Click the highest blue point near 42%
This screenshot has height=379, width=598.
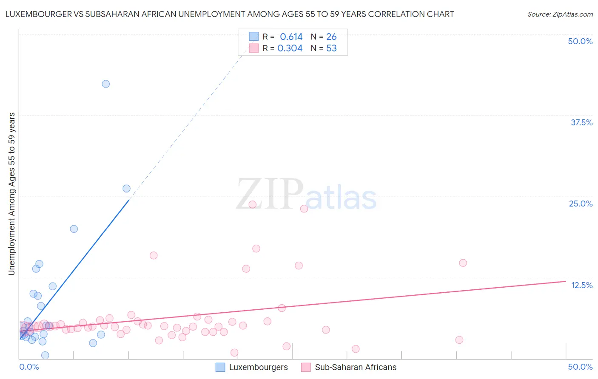[x=106, y=84]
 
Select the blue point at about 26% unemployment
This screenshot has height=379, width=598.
[x=126, y=188]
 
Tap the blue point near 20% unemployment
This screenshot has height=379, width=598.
[x=74, y=229]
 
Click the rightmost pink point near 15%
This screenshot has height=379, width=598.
[x=463, y=263]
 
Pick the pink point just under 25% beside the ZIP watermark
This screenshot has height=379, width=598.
[x=252, y=204]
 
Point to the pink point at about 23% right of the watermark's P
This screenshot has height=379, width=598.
[x=304, y=209]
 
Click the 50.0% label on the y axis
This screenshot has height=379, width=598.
[x=580, y=41]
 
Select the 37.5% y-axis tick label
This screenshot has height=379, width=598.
[x=581, y=122]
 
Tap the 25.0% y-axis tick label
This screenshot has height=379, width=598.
[x=581, y=204]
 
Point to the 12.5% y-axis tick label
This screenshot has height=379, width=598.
[x=581, y=285]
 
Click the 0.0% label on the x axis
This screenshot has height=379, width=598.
[x=29, y=367]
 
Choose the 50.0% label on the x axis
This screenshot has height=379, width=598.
[x=580, y=367]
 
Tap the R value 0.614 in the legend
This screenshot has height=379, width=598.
[x=291, y=37]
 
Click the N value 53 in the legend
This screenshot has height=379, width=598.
[x=331, y=48]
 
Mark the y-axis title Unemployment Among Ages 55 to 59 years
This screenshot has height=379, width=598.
[x=12, y=194]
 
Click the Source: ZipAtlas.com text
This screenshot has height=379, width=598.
[x=560, y=14]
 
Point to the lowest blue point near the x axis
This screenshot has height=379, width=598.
[x=45, y=355]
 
